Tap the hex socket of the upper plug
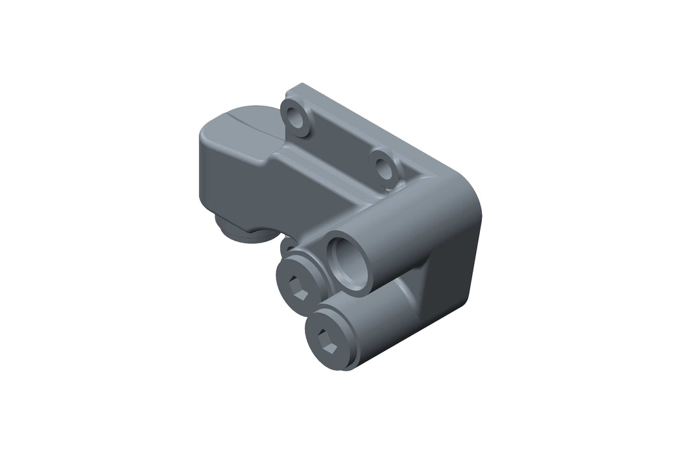tap(297, 286)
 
